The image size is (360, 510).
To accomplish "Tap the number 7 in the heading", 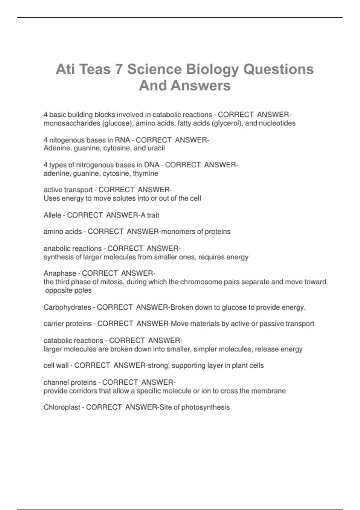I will (x=118, y=69).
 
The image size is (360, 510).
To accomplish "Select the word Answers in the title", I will (x=201, y=85).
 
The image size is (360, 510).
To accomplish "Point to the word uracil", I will (x=156, y=148).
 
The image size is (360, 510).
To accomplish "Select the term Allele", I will (x=52, y=215).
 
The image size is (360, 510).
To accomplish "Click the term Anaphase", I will (x=60, y=273).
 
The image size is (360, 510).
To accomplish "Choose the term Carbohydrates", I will (x=67, y=307).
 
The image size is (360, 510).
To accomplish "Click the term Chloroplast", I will (x=62, y=407).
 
